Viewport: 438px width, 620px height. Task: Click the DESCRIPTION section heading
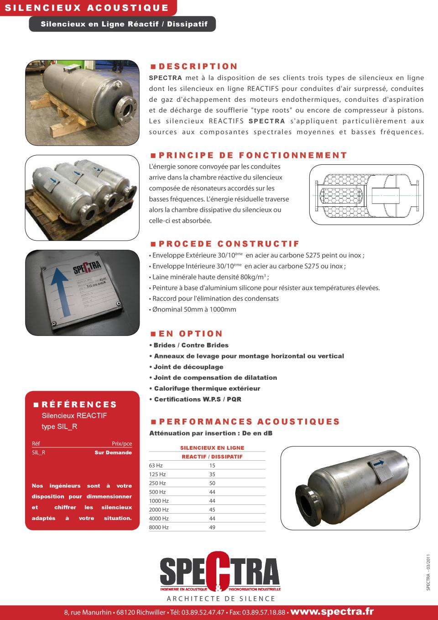(x=198, y=67)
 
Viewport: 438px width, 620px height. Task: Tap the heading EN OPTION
(x=191, y=334)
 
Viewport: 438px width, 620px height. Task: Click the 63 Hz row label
(x=156, y=466)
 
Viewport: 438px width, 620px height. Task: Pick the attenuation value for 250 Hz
(x=212, y=483)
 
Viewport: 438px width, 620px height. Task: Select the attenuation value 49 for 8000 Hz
(x=212, y=527)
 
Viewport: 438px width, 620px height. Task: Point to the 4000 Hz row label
(x=159, y=519)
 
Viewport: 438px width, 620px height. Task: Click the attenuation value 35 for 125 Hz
(x=212, y=474)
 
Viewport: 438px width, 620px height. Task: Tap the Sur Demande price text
(x=113, y=453)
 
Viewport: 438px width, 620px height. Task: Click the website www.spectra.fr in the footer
(x=332, y=611)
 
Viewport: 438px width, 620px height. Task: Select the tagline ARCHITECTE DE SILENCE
(x=221, y=599)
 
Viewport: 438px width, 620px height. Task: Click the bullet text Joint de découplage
(x=188, y=367)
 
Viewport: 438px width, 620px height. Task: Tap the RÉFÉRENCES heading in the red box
(x=79, y=405)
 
